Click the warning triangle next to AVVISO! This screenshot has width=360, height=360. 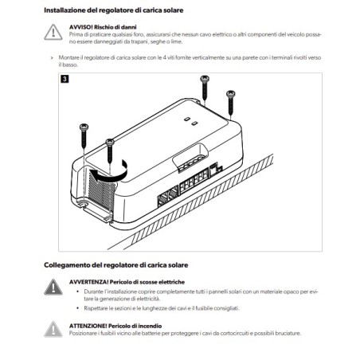(x=53, y=32)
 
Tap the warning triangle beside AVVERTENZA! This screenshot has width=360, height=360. (x=53, y=287)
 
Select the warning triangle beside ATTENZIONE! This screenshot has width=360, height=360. (x=53, y=329)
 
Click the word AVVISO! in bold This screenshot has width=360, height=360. (x=81, y=26)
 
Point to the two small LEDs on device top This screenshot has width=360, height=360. (x=190, y=121)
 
